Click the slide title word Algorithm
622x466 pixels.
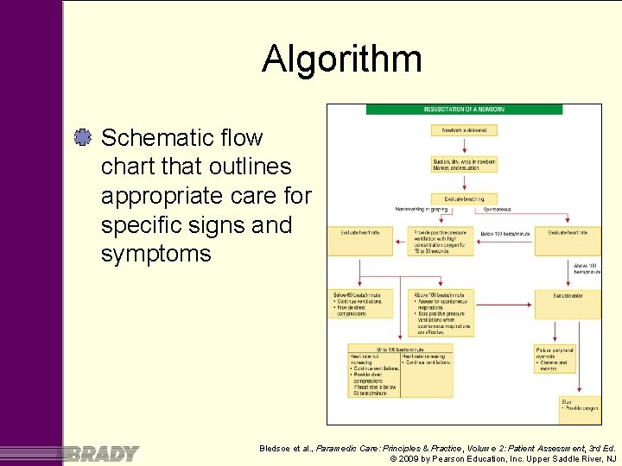coord(342,60)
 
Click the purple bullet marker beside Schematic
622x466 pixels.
coord(83,136)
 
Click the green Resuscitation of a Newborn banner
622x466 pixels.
coord(464,110)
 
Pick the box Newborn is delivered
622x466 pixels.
coord(465,130)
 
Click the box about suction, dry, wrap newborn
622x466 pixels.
coord(465,164)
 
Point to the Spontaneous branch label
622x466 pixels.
coord(498,209)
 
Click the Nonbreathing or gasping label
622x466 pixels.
coord(422,209)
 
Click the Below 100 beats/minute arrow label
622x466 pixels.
coord(505,234)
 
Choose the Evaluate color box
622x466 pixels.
coord(567,295)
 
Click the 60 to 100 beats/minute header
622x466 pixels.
coord(400,349)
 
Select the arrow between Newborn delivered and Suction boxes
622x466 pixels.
coord(465,145)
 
